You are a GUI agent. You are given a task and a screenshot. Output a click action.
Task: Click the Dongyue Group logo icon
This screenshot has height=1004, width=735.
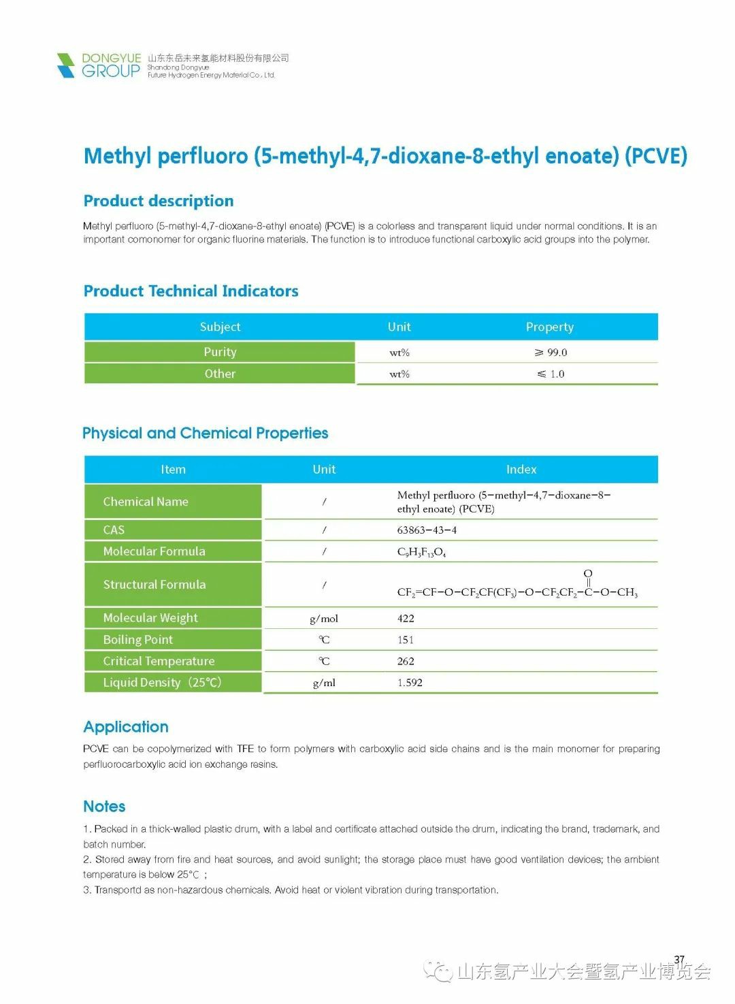pyautogui.click(x=66, y=65)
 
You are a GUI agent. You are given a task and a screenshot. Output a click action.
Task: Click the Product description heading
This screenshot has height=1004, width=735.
pyautogui.click(x=159, y=201)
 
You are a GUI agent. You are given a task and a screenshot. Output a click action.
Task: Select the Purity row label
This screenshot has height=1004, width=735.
pyautogui.click(x=220, y=352)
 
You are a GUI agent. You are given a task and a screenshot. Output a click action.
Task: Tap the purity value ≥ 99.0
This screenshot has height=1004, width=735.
pyautogui.click(x=551, y=353)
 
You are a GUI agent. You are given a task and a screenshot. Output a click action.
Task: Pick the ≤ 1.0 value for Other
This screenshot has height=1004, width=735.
pyautogui.click(x=551, y=374)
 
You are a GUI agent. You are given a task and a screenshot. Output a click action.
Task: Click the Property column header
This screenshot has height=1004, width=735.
pyautogui.click(x=549, y=327)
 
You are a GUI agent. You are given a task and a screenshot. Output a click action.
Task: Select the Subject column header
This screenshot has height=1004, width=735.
pyautogui.click(x=220, y=327)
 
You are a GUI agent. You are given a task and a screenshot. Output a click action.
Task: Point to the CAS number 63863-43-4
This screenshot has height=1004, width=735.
pyautogui.click(x=427, y=530)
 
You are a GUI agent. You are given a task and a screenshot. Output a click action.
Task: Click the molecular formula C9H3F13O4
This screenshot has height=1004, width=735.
pyautogui.click(x=421, y=552)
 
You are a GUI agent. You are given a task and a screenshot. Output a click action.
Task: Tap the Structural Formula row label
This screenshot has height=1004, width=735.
pyautogui.click(x=154, y=584)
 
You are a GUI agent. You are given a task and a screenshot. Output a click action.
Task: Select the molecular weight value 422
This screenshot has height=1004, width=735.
pyautogui.click(x=406, y=618)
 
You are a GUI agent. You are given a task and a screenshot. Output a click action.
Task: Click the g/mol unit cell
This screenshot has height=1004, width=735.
pyautogui.click(x=324, y=618)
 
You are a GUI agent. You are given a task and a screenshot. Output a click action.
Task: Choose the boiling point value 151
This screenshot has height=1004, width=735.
pyautogui.click(x=406, y=640)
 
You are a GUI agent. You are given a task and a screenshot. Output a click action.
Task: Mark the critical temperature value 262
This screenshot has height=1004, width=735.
pyautogui.click(x=406, y=661)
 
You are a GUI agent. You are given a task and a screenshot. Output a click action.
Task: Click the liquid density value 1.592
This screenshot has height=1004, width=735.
pyautogui.click(x=410, y=683)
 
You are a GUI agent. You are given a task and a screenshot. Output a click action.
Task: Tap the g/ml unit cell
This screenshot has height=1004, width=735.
pyautogui.click(x=324, y=683)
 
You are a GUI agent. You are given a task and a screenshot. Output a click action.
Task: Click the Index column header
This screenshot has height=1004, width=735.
pyautogui.click(x=521, y=469)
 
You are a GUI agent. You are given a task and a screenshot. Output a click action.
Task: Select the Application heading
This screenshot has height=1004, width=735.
pyautogui.click(x=126, y=727)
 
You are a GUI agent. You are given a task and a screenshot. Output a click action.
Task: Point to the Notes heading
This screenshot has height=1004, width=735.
pyautogui.click(x=104, y=807)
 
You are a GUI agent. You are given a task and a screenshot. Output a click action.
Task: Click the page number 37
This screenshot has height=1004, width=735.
pyautogui.click(x=679, y=960)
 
